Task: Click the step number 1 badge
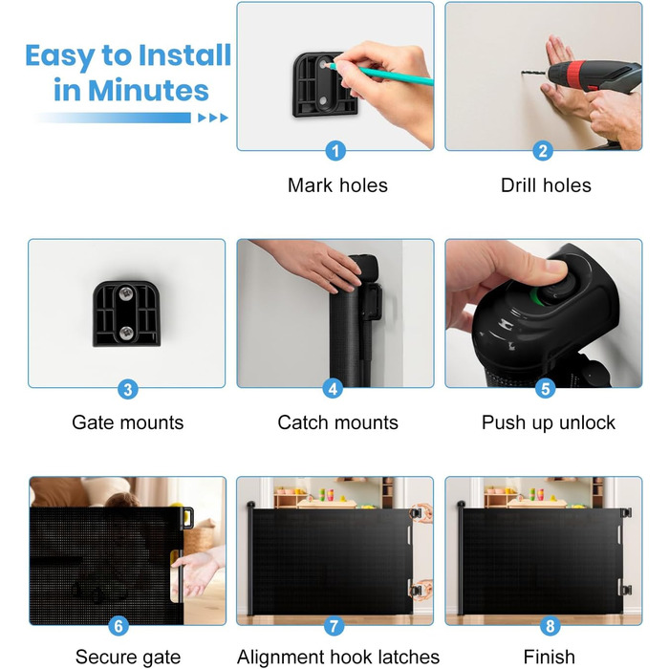335,151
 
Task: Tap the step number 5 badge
546,388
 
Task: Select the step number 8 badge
550,626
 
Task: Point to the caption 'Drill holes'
546,185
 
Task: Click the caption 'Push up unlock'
549,422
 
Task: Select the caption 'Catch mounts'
337,422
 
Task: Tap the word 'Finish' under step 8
550,657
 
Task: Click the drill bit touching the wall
534,73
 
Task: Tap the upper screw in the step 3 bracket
126,293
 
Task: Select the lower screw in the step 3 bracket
126,333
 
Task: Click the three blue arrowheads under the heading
213,118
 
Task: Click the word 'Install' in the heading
184,55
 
